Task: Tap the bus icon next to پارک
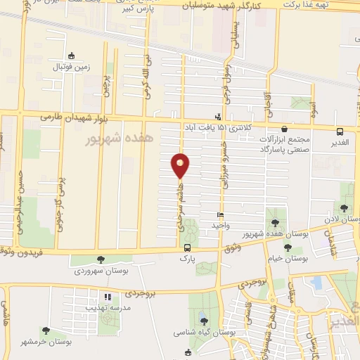pyautogui.click(x=187, y=247)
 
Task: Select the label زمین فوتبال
pyautogui.click(x=71, y=67)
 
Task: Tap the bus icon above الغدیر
pyautogui.click(x=340, y=131)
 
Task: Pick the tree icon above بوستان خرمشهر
pyautogui.click(x=45, y=330)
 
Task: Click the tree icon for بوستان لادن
pyautogui.click(x=343, y=207)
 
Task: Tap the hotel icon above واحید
pyautogui.click(x=220, y=215)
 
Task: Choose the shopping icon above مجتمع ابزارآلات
pyautogui.click(x=283, y=129)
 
